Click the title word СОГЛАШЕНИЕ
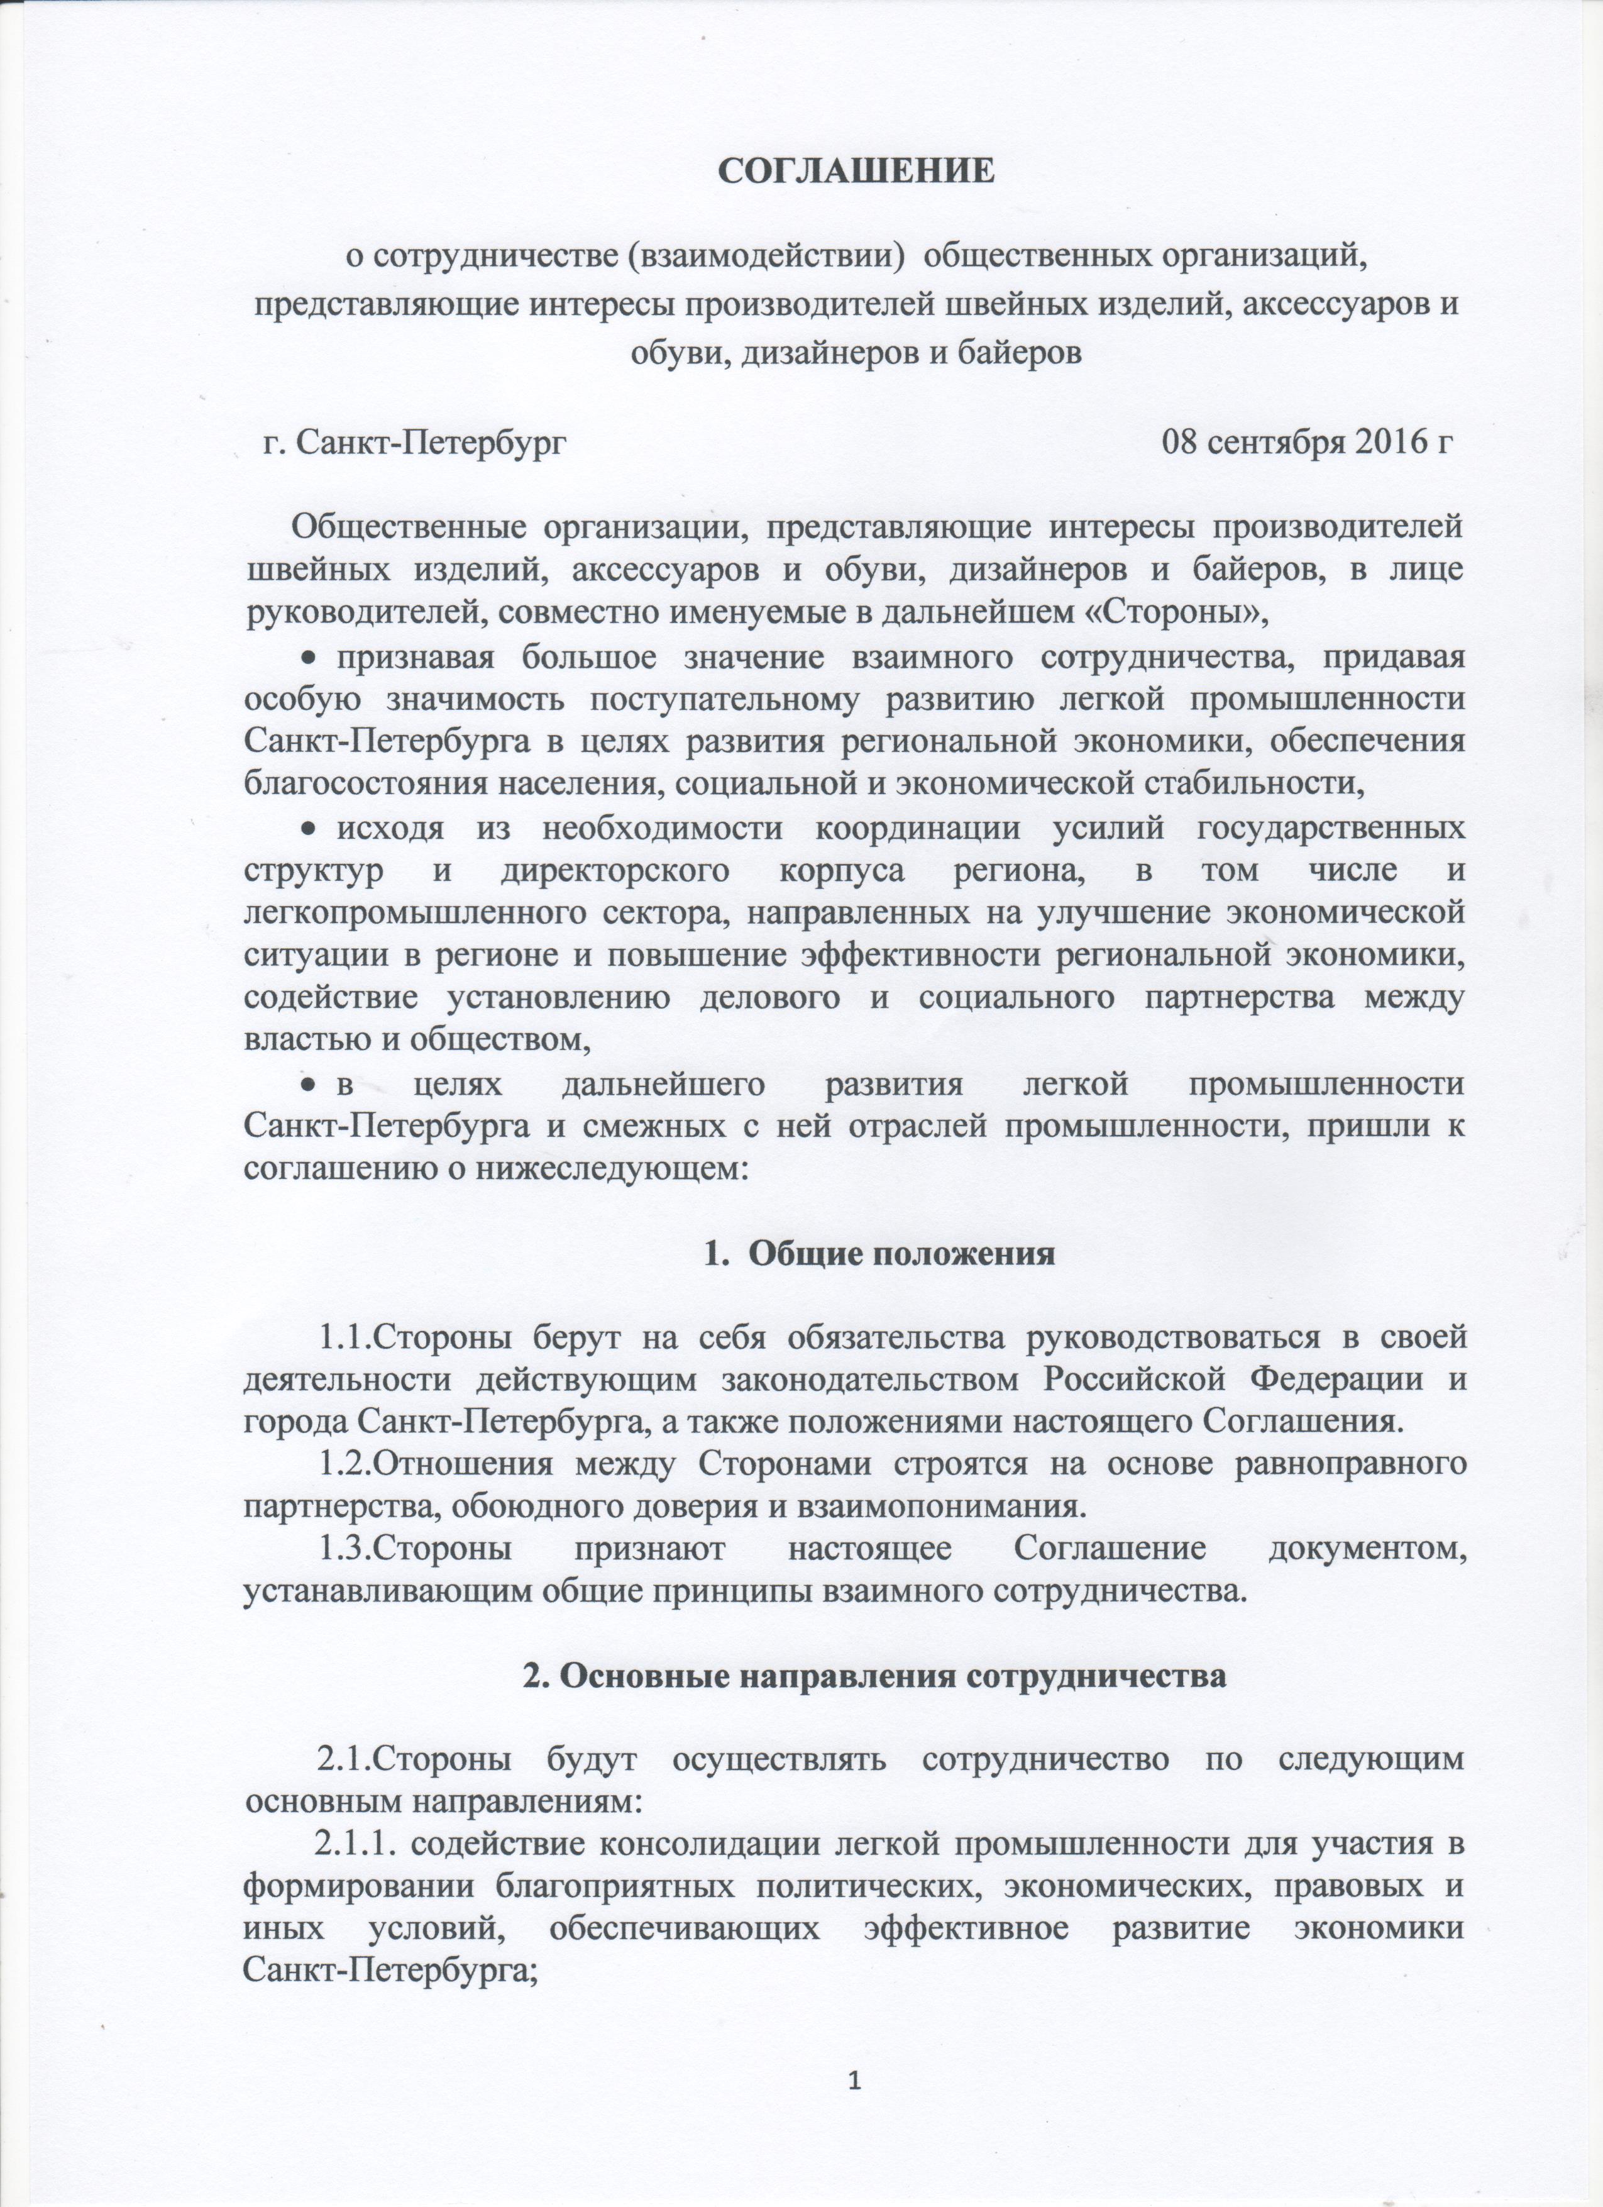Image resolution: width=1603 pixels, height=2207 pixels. pos(856,170)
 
